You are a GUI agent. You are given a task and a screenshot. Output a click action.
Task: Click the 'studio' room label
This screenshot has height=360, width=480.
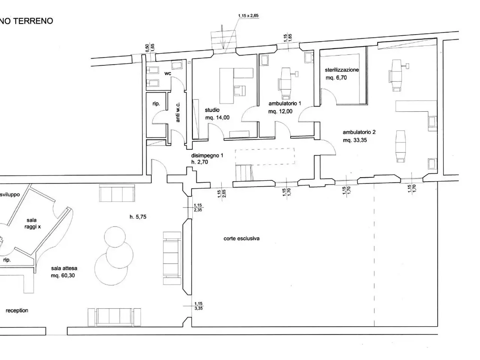click(x=212, y=110)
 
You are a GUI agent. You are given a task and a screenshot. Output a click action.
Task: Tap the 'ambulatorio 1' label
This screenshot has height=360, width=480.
click(x=285, y=103)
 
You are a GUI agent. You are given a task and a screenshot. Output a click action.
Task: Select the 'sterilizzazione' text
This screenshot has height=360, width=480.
click(x=342, y=70)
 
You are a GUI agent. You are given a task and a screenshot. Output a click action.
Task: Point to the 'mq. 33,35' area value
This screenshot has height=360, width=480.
click(x=355, y=140)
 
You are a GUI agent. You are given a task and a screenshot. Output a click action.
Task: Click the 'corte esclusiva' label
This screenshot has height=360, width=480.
click(x=241, y=238)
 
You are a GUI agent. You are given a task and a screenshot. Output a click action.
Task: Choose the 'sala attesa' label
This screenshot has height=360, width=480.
click(x=64, y=268)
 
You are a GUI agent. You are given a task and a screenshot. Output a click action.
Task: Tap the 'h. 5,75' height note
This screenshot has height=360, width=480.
click(x=138, y=217)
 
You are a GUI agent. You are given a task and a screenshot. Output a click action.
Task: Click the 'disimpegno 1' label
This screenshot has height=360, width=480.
click(x=207, y=155)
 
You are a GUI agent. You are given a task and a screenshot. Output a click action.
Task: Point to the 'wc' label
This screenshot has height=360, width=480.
click(x=168, y=73)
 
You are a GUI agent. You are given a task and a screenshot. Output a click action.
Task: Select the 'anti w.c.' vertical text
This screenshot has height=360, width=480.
click(x=178, y=112)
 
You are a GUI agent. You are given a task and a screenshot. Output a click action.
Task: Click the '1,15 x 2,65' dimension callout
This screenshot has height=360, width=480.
click(x=248, y=16)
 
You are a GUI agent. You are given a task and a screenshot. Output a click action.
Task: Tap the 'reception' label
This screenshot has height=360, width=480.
click(x=17, y=310)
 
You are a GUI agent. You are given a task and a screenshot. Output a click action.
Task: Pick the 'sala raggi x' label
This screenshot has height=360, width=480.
click(x=32, y=223)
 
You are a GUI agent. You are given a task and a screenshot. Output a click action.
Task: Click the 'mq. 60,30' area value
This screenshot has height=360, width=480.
click(x=63, y=275)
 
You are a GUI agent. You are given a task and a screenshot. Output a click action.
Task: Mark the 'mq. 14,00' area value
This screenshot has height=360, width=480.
click(x=217, y=118)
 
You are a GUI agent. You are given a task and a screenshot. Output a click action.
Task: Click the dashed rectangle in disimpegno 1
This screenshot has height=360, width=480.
click(x=265, y=148)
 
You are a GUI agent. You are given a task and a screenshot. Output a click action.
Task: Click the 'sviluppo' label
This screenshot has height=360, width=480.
click(x=10, y=195)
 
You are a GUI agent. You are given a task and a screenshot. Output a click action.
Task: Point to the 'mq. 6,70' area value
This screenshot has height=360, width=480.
click(x=336, y=78)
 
